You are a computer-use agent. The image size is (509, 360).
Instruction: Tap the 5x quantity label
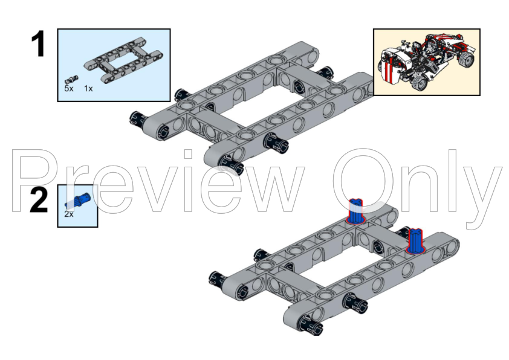click(69, 88)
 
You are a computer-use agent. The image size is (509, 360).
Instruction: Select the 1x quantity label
click(88, 88)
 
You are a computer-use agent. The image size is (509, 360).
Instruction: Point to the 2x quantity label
click(69, 214)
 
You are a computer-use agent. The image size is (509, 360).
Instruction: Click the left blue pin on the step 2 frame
click(357, 211)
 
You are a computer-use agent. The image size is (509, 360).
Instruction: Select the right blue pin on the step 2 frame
click(415, 239)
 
